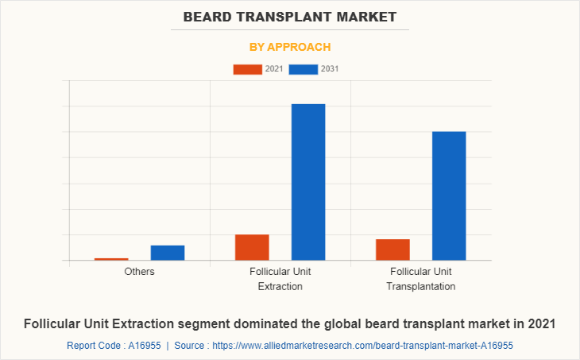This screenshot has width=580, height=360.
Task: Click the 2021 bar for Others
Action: tap(111, 259)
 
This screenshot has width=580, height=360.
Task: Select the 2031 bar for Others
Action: tap(168, 253)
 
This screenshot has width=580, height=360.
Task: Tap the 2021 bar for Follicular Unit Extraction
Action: tap(252, 247)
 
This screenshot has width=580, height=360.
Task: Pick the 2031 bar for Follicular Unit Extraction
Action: tap(308, 182)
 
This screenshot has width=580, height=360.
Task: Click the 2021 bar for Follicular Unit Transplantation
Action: tap(392, 250)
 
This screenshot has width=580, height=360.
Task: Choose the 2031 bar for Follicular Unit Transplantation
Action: tap(449, 195)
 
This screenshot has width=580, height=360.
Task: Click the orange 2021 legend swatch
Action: tap(247, 69)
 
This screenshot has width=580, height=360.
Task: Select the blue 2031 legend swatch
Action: tap(304, 69)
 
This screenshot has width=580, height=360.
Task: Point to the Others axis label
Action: tap(139, 272)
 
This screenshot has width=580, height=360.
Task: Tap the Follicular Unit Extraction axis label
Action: tap(280, 279)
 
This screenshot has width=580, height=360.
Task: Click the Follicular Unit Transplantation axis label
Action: tap(421, 279)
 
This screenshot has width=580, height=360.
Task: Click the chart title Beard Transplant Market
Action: tap(290, 16)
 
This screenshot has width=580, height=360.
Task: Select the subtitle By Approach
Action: tap(290, 47)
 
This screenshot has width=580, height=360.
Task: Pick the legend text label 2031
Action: tap(330, 69)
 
